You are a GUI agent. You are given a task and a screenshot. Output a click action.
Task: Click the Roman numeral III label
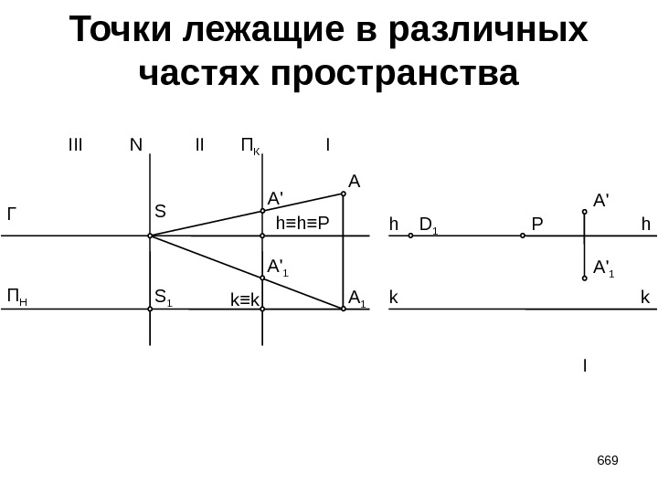click(x=75, y=144)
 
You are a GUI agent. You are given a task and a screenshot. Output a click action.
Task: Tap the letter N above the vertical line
click(x=135, y=144)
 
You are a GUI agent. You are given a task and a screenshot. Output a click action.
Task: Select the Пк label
click(x=249, y=145)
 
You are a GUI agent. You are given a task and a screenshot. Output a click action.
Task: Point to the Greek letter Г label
click(x=13, y=215)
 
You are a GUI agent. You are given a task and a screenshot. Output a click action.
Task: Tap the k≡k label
click(x=244, y=299)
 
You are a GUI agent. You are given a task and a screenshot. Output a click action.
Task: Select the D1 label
click(x=428, y=224)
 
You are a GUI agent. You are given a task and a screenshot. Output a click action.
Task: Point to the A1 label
click(x=357, y=296)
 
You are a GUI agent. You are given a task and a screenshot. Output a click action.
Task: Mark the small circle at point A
click(x=344, y=194)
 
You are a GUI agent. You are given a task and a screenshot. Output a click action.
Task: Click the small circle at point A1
click(x=344, y=309)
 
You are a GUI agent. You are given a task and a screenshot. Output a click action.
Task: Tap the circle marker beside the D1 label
click(x=411, y=236)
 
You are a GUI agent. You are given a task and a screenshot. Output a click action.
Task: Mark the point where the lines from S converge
click(x=150, y=236)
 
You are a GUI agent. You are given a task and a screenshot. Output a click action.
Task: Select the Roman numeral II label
click(x=200, y=144)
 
